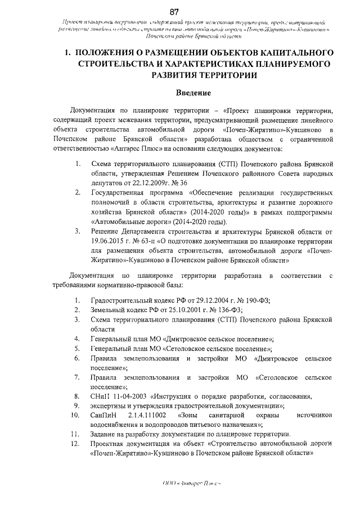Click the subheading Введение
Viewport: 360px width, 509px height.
pos(181,92)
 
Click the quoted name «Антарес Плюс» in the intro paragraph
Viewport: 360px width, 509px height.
pos(115,148)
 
